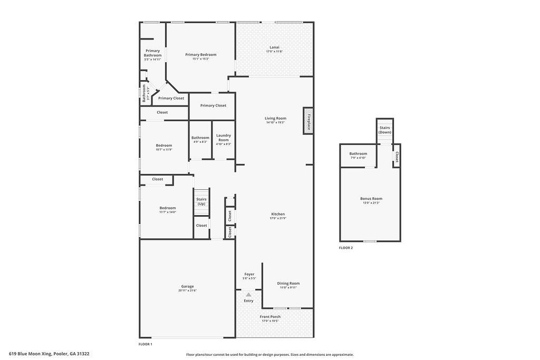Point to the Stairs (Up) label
point(201,201)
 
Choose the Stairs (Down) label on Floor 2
point(385,130)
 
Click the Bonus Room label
point(371,199)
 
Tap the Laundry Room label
point(224,135)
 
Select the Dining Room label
point(288,283)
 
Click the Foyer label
point(249,274)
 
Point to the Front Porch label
point(271,317)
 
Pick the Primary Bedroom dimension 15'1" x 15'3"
point(200,59)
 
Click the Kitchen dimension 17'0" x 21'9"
point(277,218)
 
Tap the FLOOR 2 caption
point(346,247)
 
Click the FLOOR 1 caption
point(145,344)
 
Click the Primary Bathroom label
point(153,53)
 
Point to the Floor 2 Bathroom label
point(358,153)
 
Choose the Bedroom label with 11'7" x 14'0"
point(168,208)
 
